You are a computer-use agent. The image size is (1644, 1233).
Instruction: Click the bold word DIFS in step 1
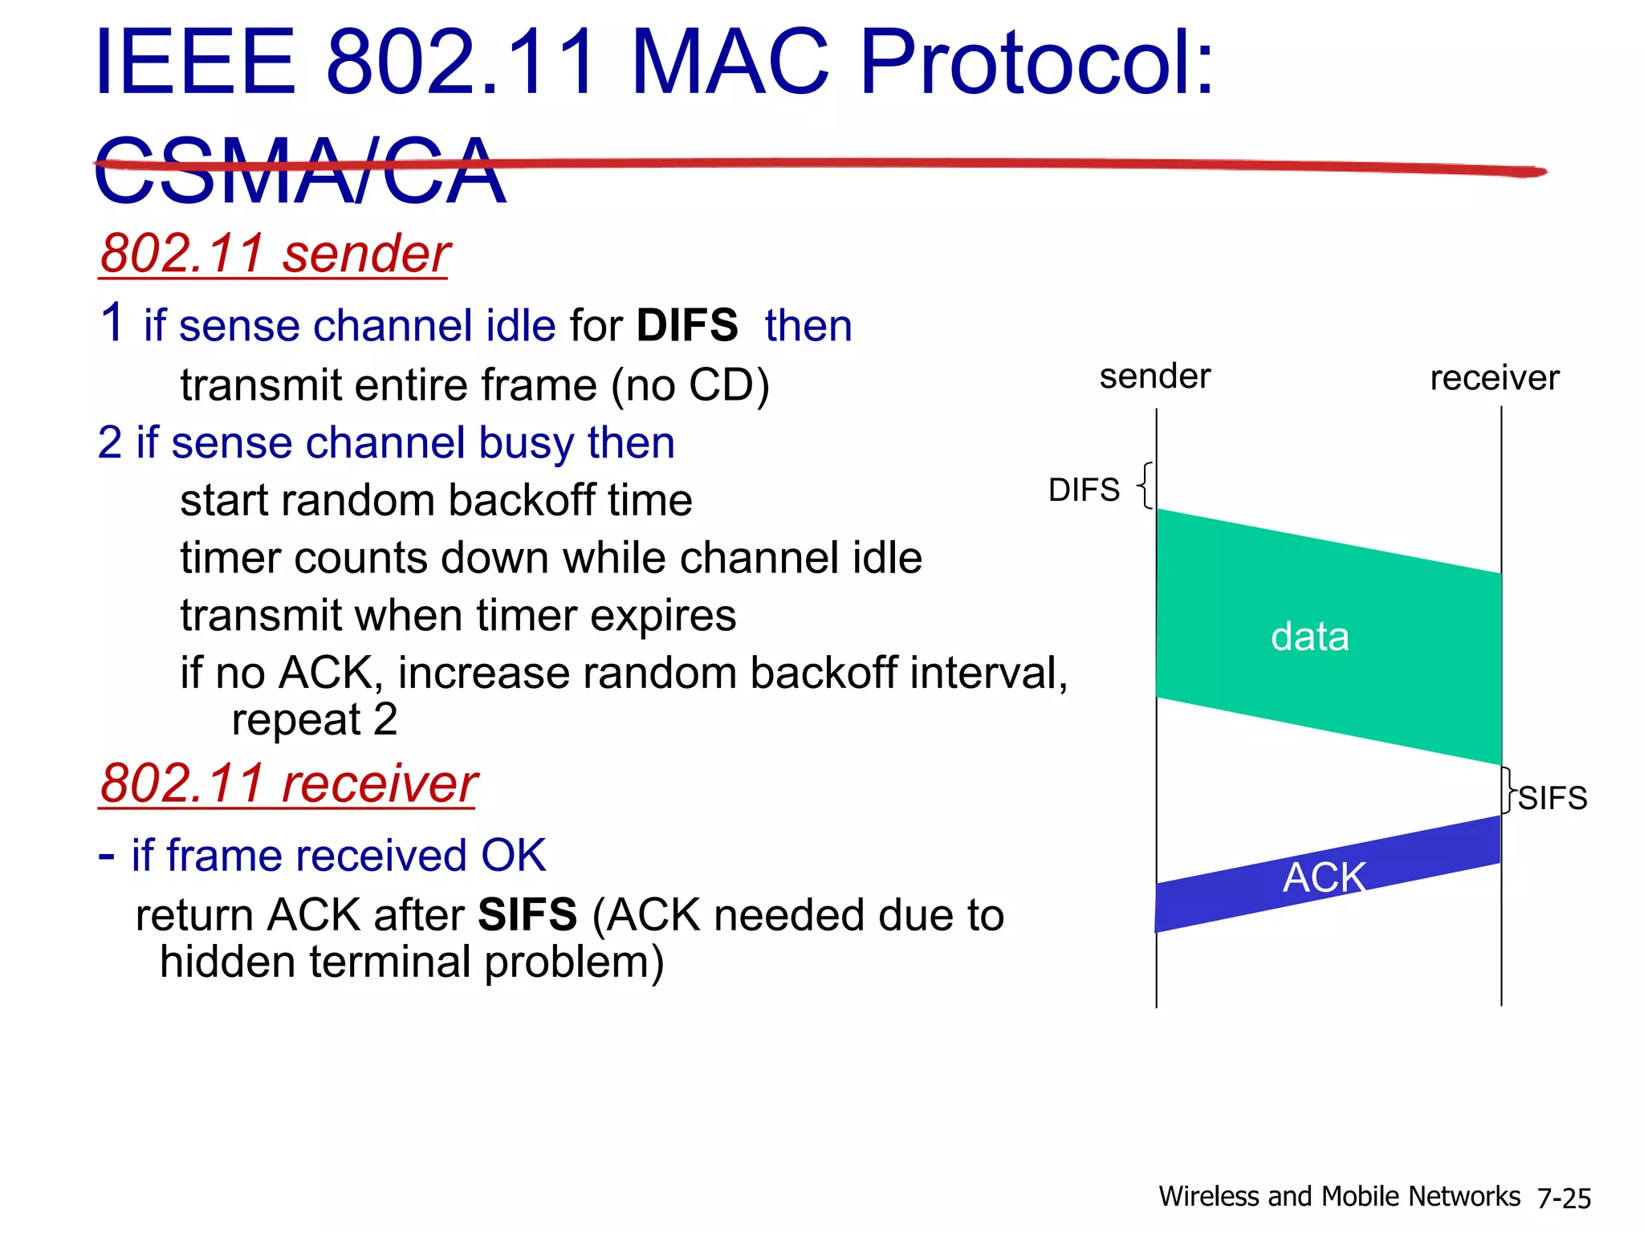click(x=686, y=326)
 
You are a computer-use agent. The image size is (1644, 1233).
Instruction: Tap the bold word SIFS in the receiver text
click(x=527, y=915)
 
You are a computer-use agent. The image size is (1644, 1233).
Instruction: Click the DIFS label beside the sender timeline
click(x=1084, y=490)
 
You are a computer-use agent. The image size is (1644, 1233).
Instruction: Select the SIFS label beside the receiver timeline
click(x=1552, y=798)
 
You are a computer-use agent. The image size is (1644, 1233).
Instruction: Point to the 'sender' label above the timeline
click(x=1154, y=376)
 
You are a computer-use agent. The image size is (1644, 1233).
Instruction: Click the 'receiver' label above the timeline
click(x=1494, y=378)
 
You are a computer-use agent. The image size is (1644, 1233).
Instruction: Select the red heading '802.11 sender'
click(x=274, y=254)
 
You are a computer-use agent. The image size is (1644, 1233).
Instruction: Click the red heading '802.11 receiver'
click(x=288, y=783)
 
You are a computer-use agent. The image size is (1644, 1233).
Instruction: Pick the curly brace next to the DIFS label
click(x=1146, y=485)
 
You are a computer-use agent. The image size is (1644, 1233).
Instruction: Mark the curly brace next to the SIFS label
click(x=1508, y=791)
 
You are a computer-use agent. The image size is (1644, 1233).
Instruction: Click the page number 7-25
click(x=1564, y=1198)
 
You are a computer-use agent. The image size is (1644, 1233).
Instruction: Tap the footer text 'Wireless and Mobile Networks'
click(x=1339, y=1197)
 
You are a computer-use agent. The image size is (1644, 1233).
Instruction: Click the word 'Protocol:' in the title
click(x=1036, y=63)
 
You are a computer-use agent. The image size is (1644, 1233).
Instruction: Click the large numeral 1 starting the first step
click(x=112, y=323)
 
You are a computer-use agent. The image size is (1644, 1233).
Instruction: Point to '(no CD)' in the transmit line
click(x=690, y=385)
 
